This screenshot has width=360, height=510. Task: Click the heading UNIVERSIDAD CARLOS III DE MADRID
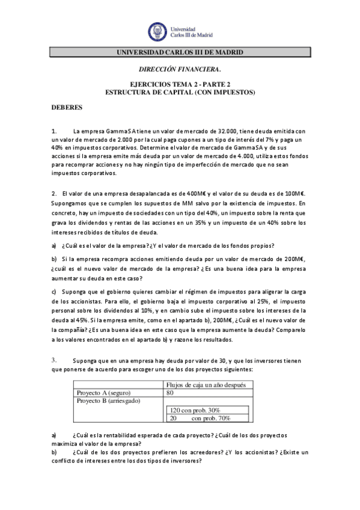180,53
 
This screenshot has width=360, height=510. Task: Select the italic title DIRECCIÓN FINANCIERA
180,70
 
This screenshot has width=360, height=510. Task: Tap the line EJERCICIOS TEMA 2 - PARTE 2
180,85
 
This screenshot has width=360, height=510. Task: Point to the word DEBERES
63,107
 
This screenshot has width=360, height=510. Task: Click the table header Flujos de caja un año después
209,385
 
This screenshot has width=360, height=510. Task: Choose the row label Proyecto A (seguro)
105,393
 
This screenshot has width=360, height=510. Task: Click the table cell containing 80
170,393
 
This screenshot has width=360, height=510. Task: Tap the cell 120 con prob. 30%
195,410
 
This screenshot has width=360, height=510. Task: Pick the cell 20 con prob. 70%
195,418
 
